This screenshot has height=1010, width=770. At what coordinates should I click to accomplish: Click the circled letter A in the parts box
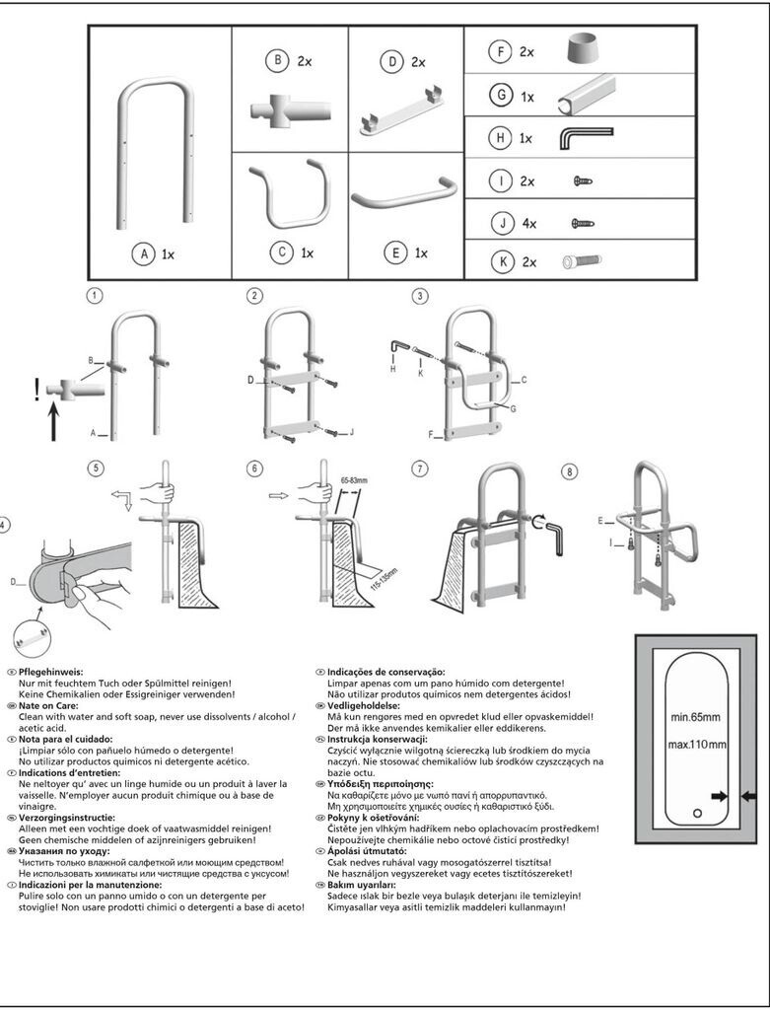(x=143, y=253)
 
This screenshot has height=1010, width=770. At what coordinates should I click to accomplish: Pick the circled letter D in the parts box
(x=391, y=61)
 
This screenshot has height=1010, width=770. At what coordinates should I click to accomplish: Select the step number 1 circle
(x=95, y=295)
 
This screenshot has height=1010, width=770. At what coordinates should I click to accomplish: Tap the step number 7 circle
(x=421, y=469)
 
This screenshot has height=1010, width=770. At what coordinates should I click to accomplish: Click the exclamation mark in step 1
(x=37, y=392)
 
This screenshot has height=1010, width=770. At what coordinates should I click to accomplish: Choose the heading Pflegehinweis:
(x=51, y=672)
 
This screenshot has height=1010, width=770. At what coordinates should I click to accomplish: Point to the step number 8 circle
(x=569, y=472)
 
